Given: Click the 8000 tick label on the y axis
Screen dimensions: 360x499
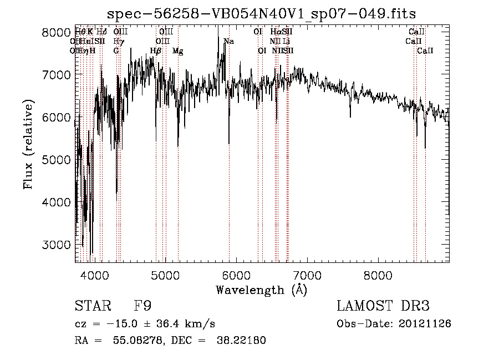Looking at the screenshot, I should tap(56, 33).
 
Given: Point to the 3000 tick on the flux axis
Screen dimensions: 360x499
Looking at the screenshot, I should tap(56, 245).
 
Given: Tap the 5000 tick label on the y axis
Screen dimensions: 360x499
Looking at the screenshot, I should tap(56, 160).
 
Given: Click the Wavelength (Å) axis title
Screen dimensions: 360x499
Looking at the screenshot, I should tap(261, 290).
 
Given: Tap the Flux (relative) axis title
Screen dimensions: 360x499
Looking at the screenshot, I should tap(28, 145).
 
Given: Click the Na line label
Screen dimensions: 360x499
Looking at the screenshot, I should tap(228, 42).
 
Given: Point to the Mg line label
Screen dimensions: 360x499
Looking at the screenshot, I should tap(177, 51).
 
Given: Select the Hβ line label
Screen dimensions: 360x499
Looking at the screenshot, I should tap(156, 51).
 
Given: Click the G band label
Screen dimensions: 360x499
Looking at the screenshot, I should tap(116, 51).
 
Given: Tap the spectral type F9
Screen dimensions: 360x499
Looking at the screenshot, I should tap(143, 307).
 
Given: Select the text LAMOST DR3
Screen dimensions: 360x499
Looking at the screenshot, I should tap(383, 307).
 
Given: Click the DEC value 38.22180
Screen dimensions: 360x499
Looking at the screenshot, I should tap(242, 341).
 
